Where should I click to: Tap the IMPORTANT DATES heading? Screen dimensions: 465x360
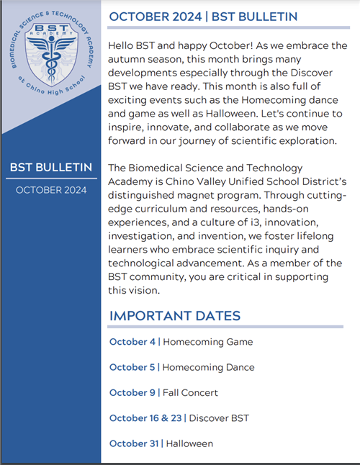[175, 316]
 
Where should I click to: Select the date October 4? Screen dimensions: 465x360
[132, 342]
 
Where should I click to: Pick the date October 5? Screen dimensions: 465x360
[132, 367]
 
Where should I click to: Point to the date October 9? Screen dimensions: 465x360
[132, 392]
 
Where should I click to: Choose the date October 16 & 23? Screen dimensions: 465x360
[145, 417]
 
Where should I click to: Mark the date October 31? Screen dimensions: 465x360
[134, 443]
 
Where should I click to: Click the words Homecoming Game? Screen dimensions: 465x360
[207, 342]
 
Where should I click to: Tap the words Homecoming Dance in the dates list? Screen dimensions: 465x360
[208, 367]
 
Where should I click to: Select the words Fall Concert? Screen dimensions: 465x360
[190, 392]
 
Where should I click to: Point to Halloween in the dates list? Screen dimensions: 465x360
[189, 443]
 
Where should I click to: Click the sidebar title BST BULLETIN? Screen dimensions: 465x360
[50, 168]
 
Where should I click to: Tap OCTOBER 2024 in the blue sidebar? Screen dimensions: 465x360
[50, 190]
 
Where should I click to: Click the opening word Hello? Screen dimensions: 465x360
[122, 45]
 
